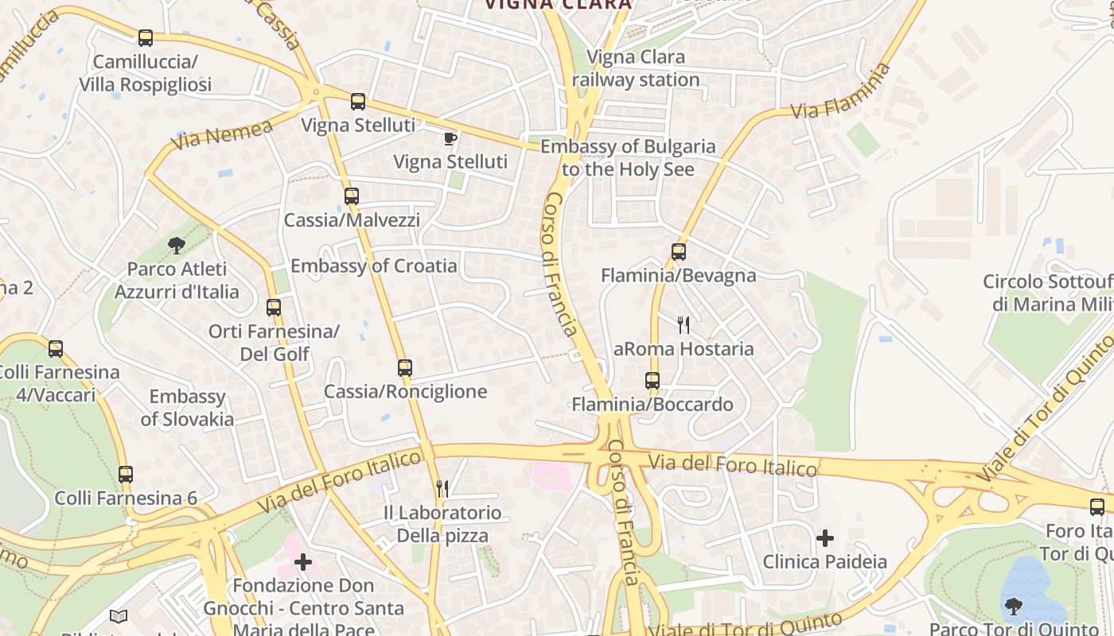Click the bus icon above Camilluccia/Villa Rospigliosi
[x=145, y=38]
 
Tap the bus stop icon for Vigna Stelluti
[x=358, y=102]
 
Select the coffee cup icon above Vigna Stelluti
[x=450, y=139]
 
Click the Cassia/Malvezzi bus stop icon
[x=351, y=196]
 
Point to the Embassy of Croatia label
[x=374, y=266]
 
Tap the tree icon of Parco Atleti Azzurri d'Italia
[x=177, y=245]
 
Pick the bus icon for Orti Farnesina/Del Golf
[x=274, y=307]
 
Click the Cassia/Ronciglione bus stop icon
[x=405, y=368]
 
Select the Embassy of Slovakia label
[x=188, y=408]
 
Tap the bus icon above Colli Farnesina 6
[x=126, y=475]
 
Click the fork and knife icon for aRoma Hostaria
[x=683, y=324]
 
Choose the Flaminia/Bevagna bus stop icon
[x=679, y=252]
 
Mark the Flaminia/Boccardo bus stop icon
[x=652, y=381]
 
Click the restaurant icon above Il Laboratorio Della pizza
[x=442, y=488]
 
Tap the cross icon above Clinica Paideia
[x=825, y=538]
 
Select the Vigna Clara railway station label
[x=636, y=68]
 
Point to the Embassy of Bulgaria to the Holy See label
[x=628, y=157]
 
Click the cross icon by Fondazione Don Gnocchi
[x=303, y=563]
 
